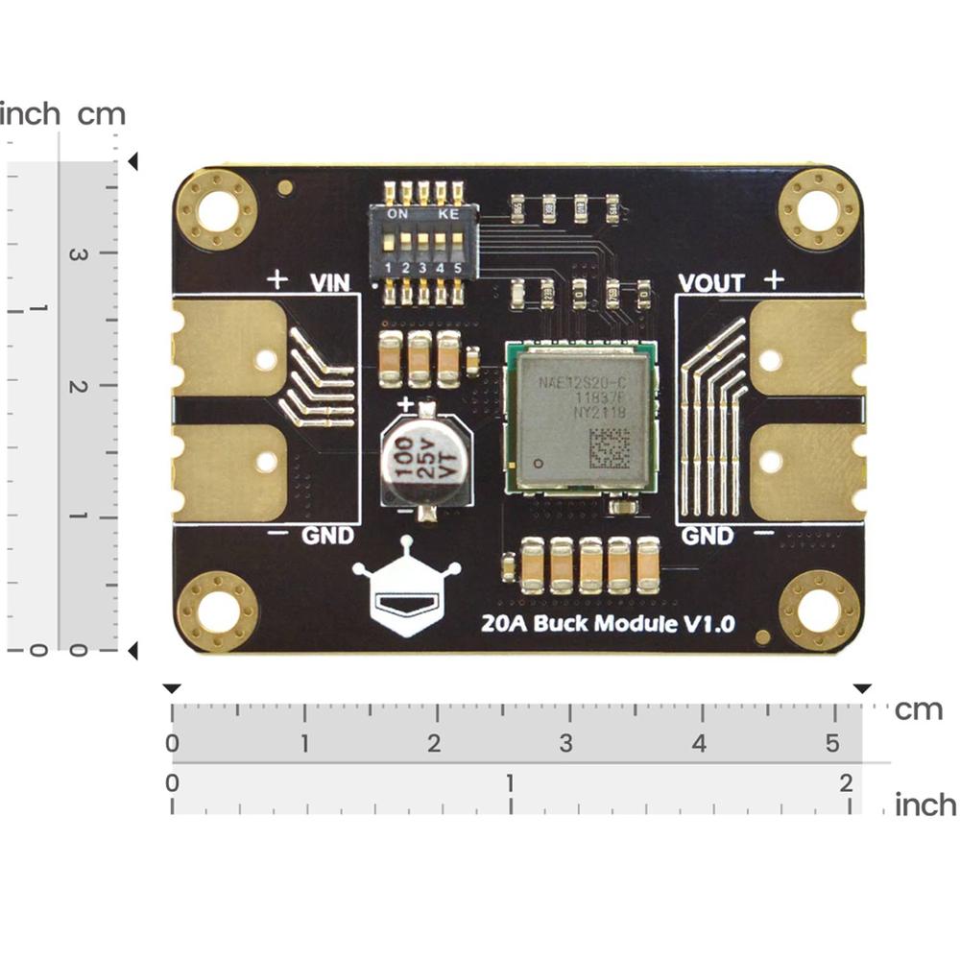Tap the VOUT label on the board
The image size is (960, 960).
[x=711, y=282]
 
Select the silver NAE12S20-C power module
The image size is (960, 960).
[x=582, y=417]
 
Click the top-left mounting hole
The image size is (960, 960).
[x=217, y=209]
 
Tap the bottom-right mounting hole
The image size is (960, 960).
[x=819, y=611]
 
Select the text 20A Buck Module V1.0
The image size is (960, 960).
[x=608, y=622]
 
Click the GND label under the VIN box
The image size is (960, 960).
[x=327, y=536]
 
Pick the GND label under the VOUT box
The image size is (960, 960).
[x=708, y=536]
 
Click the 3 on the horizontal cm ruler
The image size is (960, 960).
[x=566, y=744]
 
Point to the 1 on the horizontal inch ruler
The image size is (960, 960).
[x=510, y=782]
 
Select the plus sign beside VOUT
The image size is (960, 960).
[x=774, y=279]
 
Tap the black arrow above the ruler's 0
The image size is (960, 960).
[x=173, y=688]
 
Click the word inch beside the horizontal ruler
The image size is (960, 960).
[x=925, y=804]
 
